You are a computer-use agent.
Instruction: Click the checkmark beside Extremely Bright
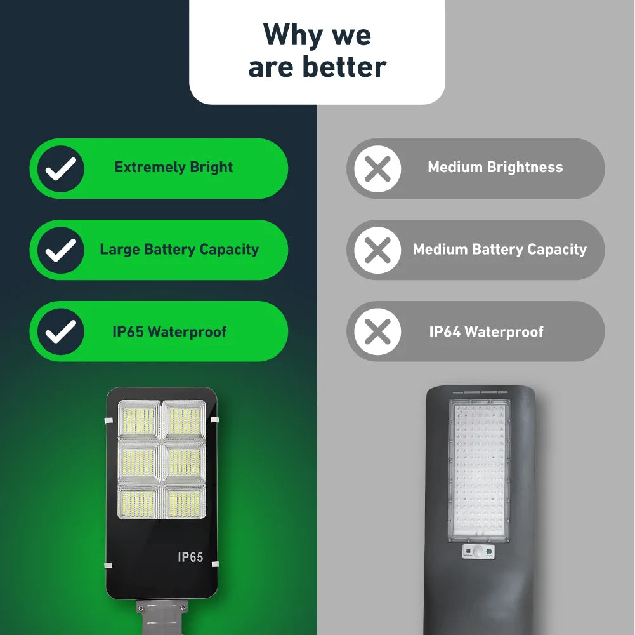coord(61,168)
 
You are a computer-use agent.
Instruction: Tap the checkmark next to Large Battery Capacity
coord(61,250)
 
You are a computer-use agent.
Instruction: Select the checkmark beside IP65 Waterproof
coord(61,331)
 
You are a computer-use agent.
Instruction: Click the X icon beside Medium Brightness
coord(377,168)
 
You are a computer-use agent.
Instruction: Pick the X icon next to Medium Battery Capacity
coord(377,250)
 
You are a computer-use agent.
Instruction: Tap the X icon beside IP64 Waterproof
coord(377,331)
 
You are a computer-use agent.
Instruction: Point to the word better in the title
coord(345,67)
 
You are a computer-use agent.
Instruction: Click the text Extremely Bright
coord(173,168)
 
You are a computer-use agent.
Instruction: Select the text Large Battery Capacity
coord(179,250)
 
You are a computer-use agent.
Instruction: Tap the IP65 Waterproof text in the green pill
coord(169,331)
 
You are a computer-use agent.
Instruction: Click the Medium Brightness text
coord(495,168)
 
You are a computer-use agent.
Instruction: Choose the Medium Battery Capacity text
coord(499,250)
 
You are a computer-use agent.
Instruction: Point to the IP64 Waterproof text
coord(486,331)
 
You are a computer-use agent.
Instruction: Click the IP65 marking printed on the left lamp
coord(190,557)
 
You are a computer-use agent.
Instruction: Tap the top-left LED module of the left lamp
coord(138,420)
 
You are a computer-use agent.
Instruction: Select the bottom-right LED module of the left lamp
coord(185,502)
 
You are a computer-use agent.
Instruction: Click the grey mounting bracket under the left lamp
coord(162,616)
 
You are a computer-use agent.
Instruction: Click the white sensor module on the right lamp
coord(478,551)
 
